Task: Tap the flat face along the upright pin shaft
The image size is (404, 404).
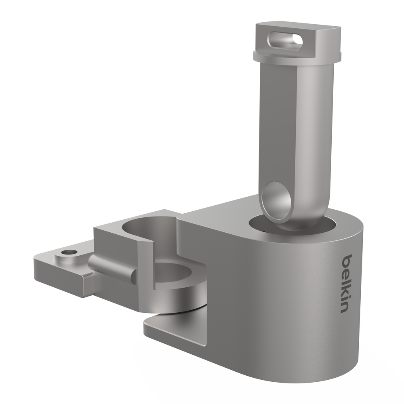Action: pos(279,121)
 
